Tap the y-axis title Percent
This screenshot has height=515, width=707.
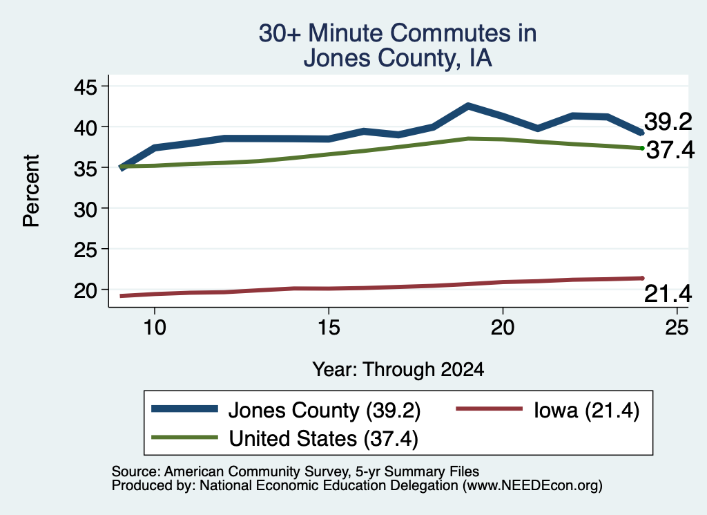click(31, 191)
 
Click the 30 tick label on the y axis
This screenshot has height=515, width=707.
click(85, 209)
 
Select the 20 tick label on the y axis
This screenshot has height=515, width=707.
click(85, 290)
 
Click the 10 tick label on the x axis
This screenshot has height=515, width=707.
click(155, 327)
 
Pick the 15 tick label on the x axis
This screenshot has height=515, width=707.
click(329, 327)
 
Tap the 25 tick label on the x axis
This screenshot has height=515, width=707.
click(677, 327)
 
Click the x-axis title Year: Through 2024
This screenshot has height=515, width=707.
click(398, 370)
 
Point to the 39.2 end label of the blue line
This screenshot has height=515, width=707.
click(668, 122)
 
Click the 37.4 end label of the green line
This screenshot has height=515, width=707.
click(670, 150)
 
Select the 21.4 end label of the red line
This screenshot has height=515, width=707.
click(668, 294)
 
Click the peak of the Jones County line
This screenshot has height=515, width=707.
click(469, 106)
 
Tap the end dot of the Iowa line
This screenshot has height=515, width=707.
click(642, 278)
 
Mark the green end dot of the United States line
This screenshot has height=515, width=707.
click(642, 148)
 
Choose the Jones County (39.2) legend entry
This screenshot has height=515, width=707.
click(286, 410)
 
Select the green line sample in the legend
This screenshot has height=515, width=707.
click(184, 437)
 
